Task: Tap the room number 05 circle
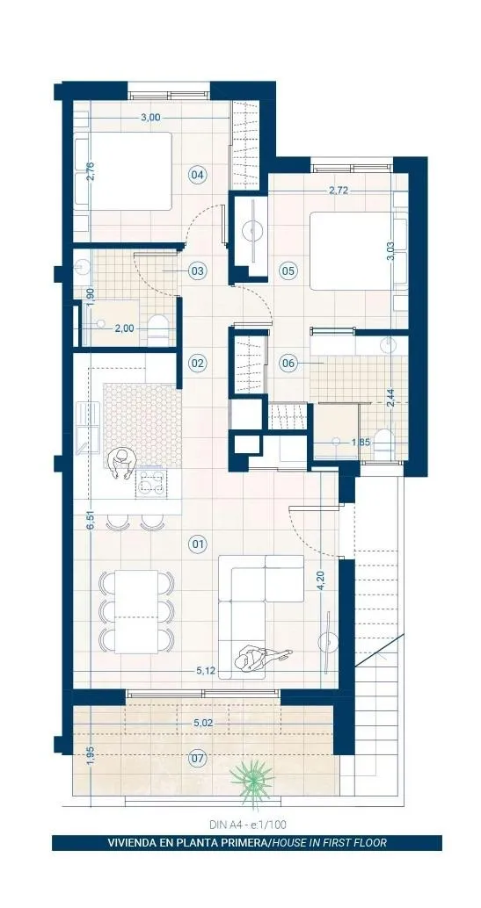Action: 288,270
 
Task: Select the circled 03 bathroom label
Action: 199,270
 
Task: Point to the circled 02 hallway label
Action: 199,363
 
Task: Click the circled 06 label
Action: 288,364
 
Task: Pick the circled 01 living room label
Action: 199,544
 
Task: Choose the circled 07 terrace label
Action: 199,757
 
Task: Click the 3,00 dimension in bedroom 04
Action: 150,118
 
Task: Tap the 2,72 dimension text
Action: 338,191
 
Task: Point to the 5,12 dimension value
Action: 206,671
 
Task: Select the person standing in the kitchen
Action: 121,464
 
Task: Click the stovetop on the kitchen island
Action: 150,484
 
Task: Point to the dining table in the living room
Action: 136,611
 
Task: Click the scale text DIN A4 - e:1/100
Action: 248,824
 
